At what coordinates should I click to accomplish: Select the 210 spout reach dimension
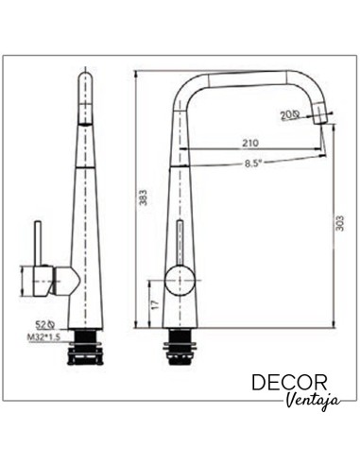pos(249,143)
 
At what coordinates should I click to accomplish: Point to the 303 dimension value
pos(341,224)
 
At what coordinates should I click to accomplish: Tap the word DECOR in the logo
pos(290,383)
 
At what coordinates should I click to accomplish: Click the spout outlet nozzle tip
pos(323,114)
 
